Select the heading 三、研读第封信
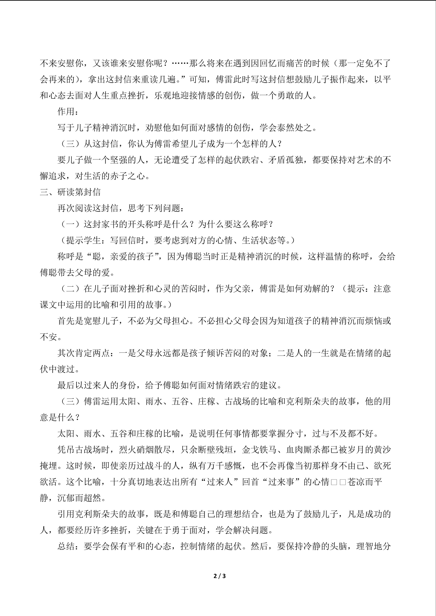(x=70, y=192)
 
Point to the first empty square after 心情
(x=334, y=482)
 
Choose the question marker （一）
(x=70, y=224)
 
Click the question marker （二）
(x=70, y=289)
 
